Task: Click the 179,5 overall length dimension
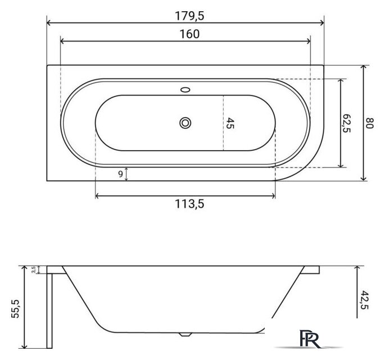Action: click(189, 16)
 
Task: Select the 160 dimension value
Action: click(189, 34)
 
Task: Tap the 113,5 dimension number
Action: click(189, 204)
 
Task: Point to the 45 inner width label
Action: click(230, 123)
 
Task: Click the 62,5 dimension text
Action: click(346, 123)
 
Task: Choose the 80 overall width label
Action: click(369, 123)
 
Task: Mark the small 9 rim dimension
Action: click(120, 174)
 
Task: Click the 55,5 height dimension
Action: click(15, 309)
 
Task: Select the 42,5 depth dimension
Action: click(365, 300)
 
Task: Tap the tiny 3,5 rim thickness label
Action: click(34, 270)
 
